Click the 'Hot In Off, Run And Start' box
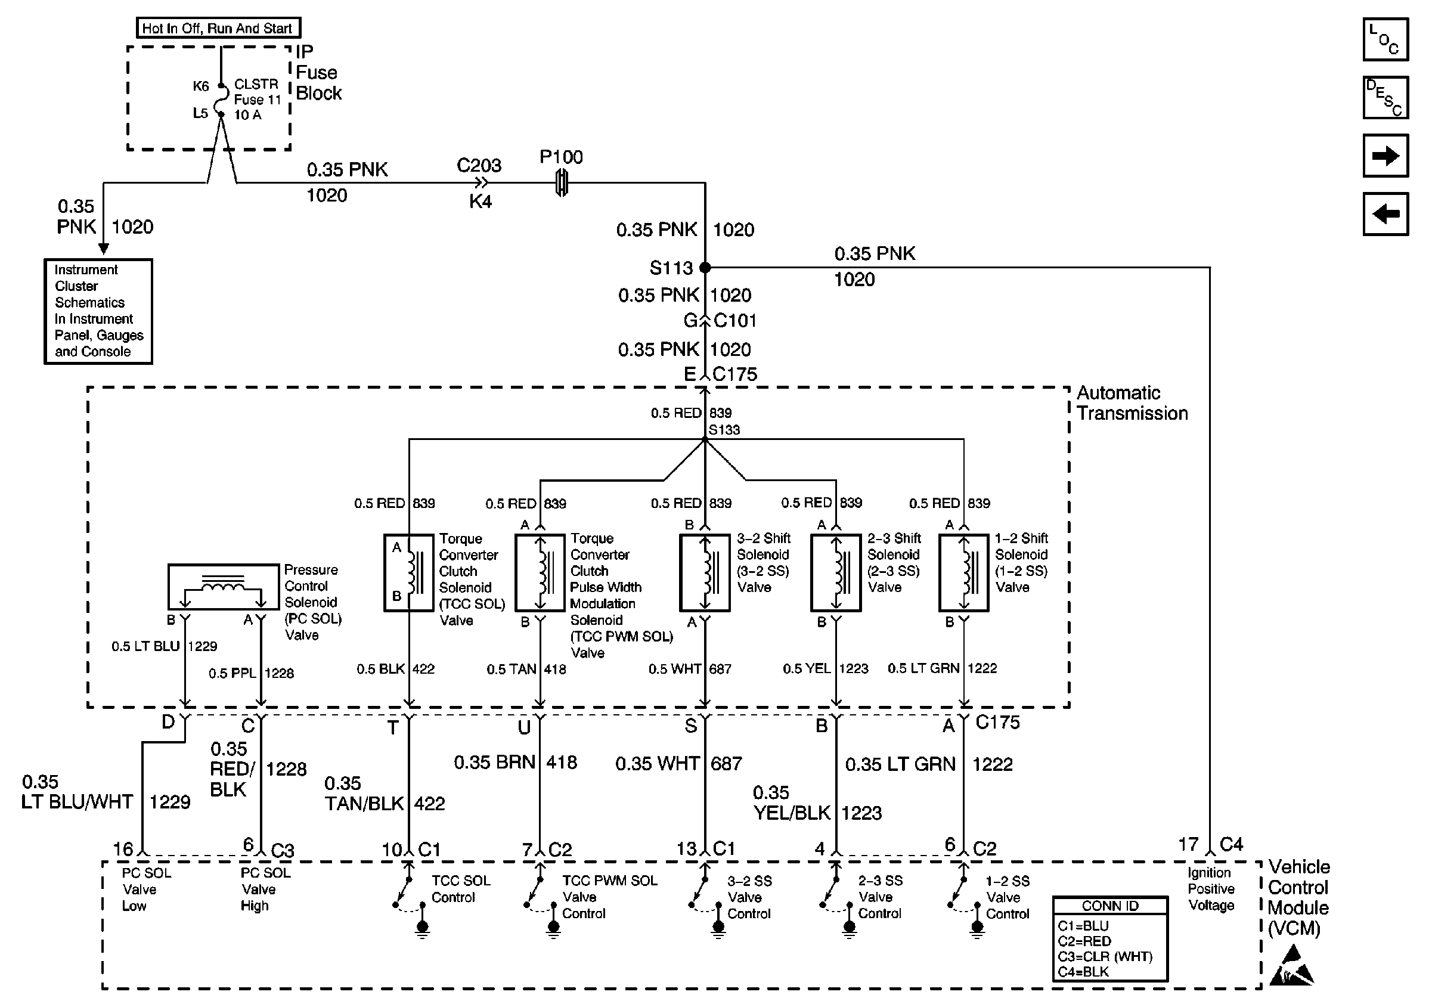tap(218, 28)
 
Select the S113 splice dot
tap(705, 268)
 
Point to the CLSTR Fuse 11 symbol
tap(221, 100)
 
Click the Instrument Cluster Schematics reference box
tap(98, 311)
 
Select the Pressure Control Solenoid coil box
tap(224, 586)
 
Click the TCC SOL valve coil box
tap(408, 572)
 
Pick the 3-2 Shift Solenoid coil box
tap(705, 572)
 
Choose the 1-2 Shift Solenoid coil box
tap(963, 572)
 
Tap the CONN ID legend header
tap(1109, 906)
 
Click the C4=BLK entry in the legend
tap(1083, 972)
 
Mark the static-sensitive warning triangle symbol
tap(1293, 966)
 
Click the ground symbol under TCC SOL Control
tap(422, 928)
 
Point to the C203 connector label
tap(478, 165)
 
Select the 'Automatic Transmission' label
tap(1132, 403)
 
